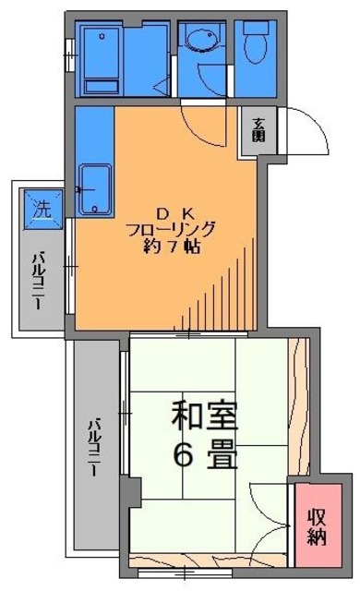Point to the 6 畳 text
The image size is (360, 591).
pos(204,453)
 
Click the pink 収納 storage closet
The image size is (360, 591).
pos(317,525)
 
